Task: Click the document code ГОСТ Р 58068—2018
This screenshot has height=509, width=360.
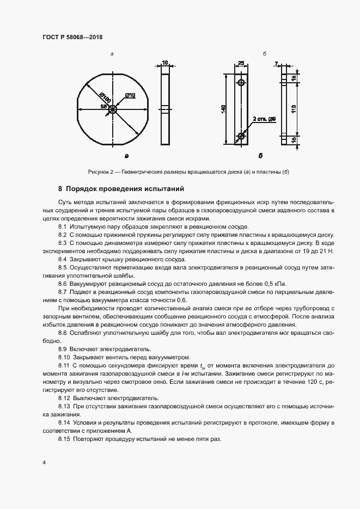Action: (72, 37)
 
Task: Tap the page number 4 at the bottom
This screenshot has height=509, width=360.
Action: (44, 462)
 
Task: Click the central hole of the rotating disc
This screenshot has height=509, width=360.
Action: (112, 109)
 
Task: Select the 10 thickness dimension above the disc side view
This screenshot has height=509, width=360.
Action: (165, 63)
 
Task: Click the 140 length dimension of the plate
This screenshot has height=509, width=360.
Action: (223, 109)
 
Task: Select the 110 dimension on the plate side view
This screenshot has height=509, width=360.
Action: (294, 108)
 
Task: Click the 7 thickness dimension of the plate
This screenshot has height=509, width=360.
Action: (277, 64)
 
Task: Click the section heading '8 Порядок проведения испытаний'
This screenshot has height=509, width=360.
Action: (121, 189)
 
